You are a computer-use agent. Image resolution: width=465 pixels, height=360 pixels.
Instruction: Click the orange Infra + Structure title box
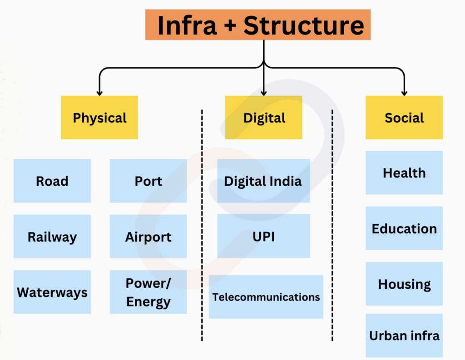click(258, 25)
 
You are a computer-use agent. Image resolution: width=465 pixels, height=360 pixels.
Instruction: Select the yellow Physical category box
click(99, 118)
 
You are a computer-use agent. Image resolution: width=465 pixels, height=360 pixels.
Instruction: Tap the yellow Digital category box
click(264, 118)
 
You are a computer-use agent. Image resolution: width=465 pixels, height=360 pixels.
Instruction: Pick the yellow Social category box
click(404, 118)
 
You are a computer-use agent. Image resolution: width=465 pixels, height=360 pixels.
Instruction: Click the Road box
click(52, 181)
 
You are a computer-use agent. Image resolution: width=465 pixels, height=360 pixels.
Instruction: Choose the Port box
click(148, 181)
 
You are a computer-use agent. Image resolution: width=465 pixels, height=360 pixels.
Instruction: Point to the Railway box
click(52, 237)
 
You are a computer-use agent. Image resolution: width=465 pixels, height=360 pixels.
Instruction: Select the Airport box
click(148, 237)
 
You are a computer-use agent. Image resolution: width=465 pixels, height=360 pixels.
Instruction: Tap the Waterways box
click(52, 292)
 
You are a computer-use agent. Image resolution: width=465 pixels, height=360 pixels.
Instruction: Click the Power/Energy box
click(148, 292)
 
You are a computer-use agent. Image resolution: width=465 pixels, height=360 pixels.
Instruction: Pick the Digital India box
click(264, 181)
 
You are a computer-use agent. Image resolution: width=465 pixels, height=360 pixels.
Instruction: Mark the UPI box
click(264, 236)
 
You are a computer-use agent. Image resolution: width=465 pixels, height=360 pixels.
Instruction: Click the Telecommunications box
click(266, 297)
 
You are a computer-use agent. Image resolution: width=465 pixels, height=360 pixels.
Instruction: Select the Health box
click(404, 173)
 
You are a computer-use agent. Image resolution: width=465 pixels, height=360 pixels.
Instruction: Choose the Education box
click(404, 228)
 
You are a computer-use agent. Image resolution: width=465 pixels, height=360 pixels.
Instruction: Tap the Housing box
click(404, 284)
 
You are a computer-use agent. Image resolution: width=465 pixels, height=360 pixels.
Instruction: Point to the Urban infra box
click(404, 335)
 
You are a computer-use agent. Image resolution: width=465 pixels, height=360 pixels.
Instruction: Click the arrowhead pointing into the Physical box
click(99, 93)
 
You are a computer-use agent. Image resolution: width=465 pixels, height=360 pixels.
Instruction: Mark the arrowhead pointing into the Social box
click(404, 93)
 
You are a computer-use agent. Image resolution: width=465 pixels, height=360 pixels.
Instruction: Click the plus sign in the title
click(230, 25)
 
